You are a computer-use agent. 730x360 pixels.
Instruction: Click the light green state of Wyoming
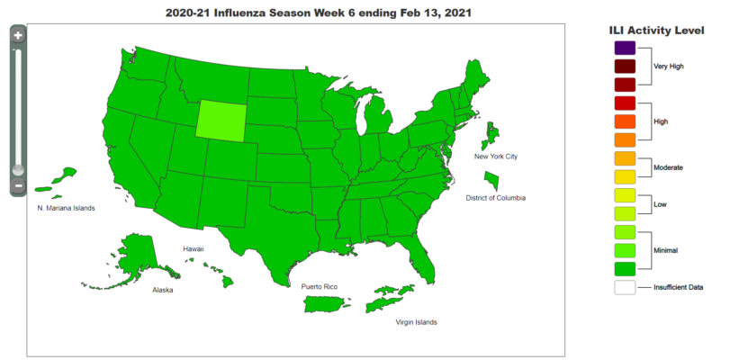coord(221,120)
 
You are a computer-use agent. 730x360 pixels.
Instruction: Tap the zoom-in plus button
coord(18,35)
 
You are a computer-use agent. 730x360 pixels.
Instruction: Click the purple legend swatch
coord(625,48)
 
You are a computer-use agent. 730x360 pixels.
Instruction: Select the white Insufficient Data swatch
coord(625,287)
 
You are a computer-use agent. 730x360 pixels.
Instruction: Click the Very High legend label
coord(668,67)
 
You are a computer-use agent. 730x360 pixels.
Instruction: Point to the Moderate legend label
coord(667,167)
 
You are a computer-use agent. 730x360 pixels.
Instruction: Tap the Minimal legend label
coord(665,249)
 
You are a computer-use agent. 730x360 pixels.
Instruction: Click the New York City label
coord(496,157)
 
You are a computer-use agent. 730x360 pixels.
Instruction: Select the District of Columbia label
coord(495,197)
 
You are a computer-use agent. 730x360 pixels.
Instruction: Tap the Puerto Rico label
coord(320,286)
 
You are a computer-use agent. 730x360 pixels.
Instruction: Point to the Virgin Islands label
coord(416,321)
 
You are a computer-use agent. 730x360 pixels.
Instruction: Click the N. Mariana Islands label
coord(66,208)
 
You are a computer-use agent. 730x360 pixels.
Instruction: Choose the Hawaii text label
coord(194,248)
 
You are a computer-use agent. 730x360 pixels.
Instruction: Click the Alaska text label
coord(163,291)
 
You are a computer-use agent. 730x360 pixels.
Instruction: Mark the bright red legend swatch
coord(625,103)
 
